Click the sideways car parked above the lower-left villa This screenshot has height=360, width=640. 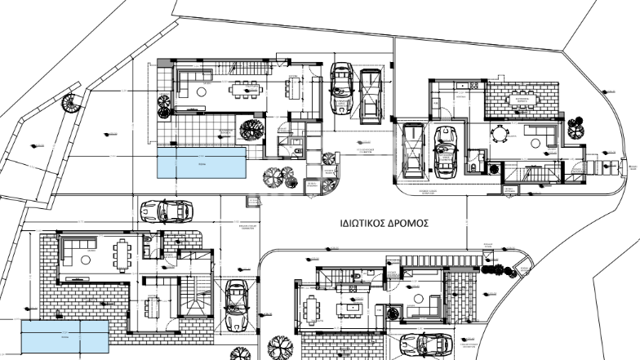(166, 211)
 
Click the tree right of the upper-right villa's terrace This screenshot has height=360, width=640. (576, 127)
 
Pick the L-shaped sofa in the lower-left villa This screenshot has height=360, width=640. (77, 251)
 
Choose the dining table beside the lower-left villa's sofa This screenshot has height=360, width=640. (122, 256)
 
